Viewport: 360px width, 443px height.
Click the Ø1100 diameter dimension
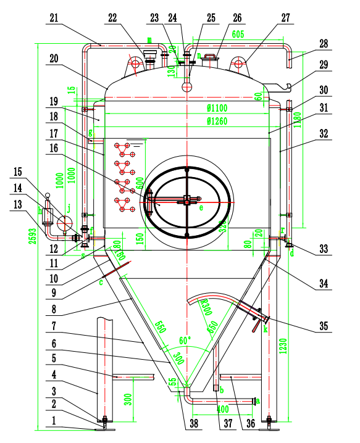pos(217,109)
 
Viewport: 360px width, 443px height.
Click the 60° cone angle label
pos(185,340)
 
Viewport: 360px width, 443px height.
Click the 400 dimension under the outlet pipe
pos(222,409)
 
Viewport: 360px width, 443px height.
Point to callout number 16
pos(54,149)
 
